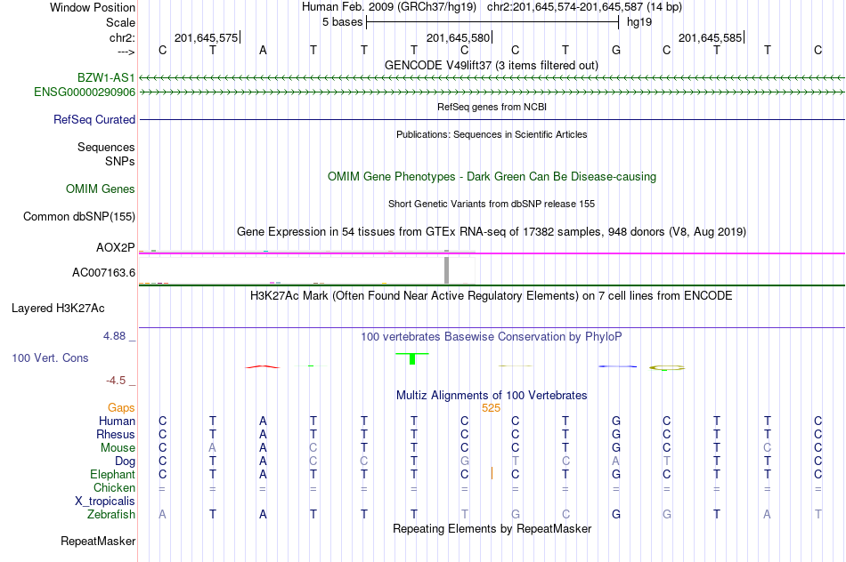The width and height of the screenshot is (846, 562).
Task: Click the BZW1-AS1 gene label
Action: point(106,78)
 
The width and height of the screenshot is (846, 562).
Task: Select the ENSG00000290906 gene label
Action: point(85,92)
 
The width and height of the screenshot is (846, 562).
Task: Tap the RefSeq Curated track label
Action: point(94,120)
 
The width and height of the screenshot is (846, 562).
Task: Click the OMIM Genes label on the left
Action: point(101,189)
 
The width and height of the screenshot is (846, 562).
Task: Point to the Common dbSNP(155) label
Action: point(78,217)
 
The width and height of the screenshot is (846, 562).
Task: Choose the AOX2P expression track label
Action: point(116,248)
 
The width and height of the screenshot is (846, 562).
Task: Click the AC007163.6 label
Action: point(103,273)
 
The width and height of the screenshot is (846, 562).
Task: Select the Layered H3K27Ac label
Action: point(58,309)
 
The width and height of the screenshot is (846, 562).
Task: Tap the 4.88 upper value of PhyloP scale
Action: point(114,336)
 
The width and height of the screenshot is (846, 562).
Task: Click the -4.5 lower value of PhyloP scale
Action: point(116,381)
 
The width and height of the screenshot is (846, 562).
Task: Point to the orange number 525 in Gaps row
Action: point(491,408)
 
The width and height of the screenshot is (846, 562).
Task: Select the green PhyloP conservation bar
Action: point(412,358)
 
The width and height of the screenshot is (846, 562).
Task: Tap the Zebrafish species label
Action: point(111,515)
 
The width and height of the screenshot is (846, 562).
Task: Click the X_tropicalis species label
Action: point(105,502)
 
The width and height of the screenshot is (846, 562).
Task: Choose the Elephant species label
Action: point(113,475)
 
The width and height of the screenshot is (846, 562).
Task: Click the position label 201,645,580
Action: point(458,37)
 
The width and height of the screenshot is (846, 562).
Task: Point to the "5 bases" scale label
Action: point(343,22)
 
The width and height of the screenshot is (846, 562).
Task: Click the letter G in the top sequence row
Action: point(616,51)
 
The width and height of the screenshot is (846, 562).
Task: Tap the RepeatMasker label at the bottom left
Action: point(98,541)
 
